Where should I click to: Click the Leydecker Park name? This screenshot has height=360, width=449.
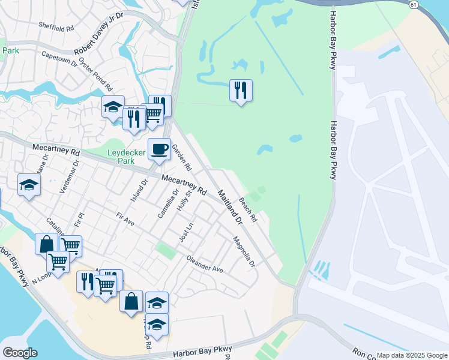126,157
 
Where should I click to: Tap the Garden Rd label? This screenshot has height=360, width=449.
181,157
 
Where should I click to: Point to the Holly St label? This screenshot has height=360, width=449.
184,199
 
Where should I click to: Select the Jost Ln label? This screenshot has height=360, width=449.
186,232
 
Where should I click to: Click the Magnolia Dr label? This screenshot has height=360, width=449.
244,253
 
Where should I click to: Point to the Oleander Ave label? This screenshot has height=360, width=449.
205,265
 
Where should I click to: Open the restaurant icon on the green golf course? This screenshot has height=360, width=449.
241,91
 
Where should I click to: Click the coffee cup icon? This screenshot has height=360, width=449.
159,149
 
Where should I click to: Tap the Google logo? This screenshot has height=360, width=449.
20,353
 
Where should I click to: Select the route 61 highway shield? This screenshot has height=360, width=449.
414,4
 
